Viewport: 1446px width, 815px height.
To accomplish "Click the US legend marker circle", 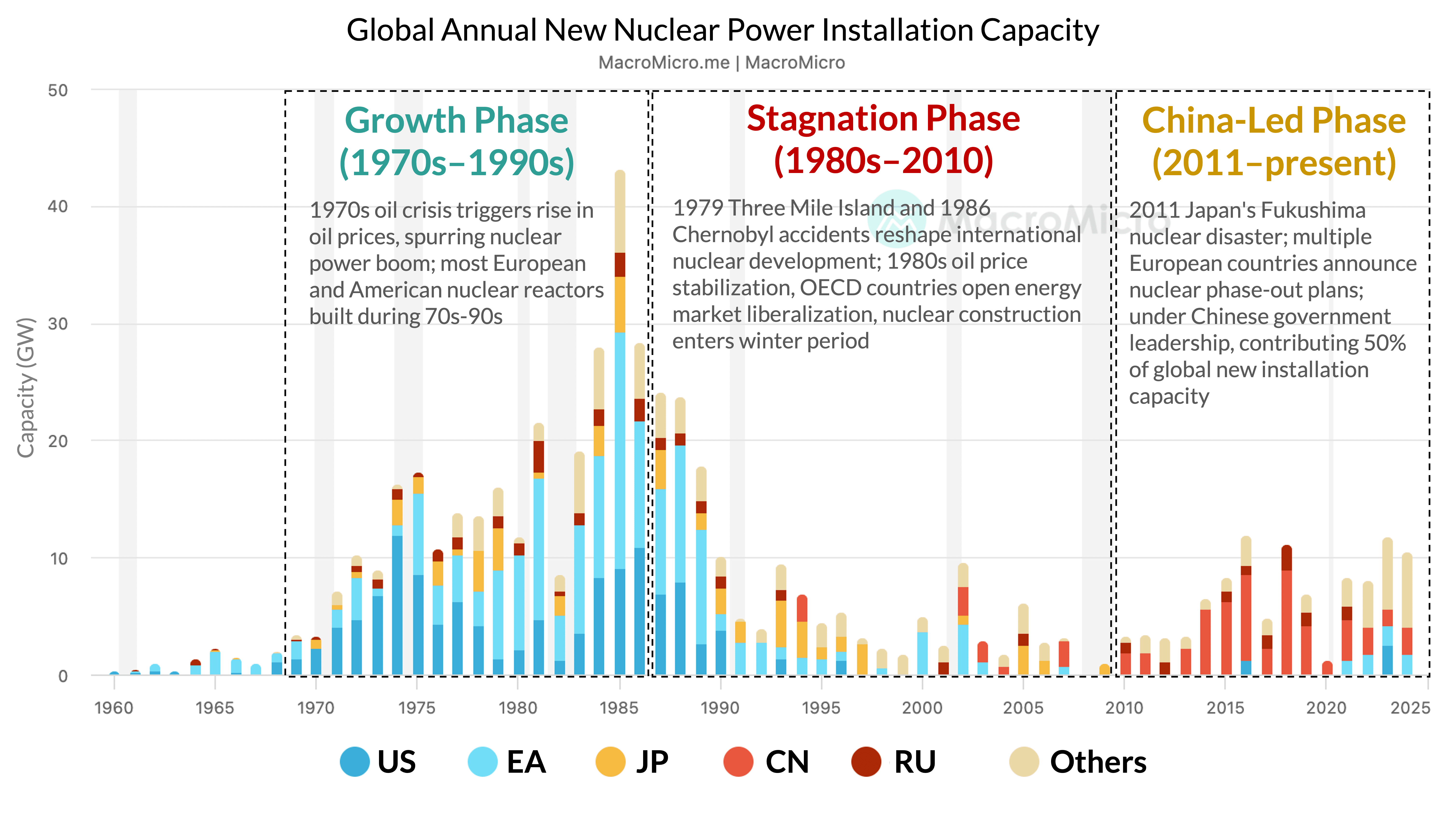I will tap(355, 762).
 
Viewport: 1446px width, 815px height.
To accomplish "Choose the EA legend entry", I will tap(507, 762).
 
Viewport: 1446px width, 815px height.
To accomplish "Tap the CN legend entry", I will tap(767, 762).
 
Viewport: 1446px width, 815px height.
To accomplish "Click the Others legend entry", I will tap(1078, 762).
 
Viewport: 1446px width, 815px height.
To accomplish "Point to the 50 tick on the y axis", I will tap(58, 90).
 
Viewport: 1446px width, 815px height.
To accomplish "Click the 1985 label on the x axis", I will tap(618, 708).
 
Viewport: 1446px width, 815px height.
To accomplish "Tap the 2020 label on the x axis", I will tap(1326, 708).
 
